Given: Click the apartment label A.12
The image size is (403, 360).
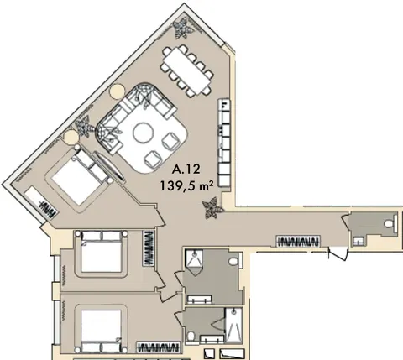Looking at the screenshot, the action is pos(186,170).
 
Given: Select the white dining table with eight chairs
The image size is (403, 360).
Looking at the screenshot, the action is pos(187,70).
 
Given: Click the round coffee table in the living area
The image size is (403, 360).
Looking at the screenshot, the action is pos(143,133).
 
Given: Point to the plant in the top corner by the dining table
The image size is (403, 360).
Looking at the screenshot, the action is pos(183,28).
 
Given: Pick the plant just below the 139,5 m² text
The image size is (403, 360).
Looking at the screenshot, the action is pos(212,207).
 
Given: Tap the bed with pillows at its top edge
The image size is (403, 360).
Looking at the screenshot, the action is pos(102,254).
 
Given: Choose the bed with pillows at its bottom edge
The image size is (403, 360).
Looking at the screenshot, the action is pos(102,329).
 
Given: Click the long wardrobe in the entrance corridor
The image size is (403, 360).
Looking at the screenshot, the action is pos(298,241).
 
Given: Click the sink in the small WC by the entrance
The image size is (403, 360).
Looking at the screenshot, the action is pos(358,241).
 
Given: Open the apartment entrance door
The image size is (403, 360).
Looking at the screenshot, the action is pos(338,253).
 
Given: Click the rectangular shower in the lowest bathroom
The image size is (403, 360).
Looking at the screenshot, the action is pos(233,325).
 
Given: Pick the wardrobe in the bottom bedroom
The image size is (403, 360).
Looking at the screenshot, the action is pos(158,347).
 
